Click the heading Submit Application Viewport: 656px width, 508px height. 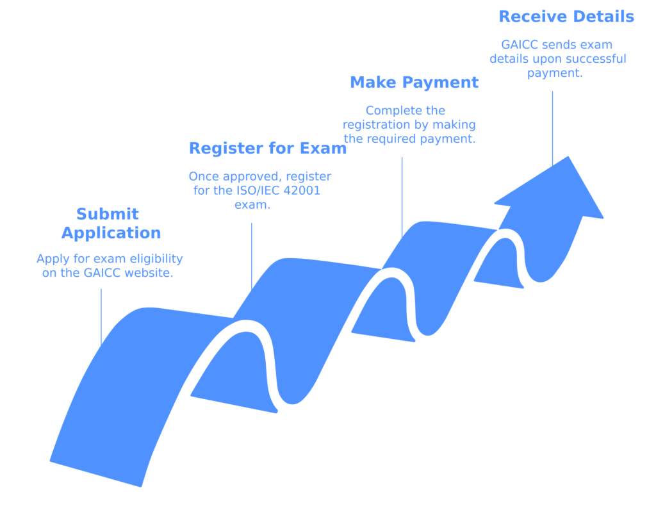click(x=111, y=224)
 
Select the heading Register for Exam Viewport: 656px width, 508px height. click(x=267, y=149)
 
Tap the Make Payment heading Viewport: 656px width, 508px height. click(x=414, y=83)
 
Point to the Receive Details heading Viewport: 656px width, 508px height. click(x=566, y=17)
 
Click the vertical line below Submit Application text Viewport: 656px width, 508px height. click(x=101, y=317)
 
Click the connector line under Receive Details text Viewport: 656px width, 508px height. click(x=552, y=128)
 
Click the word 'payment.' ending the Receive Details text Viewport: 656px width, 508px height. click(x=555, y=73)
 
